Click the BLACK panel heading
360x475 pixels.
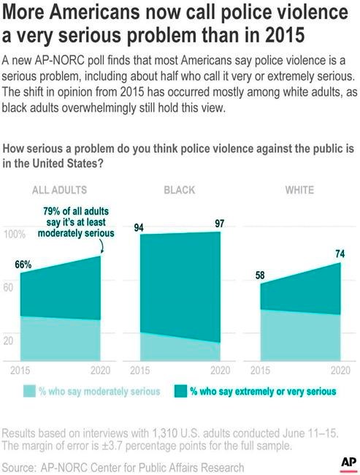point(180,190)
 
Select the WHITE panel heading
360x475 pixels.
point(299,190)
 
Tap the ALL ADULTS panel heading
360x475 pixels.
point(60,190)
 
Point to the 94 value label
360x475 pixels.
point(139,227)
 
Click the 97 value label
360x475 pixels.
point(220,224)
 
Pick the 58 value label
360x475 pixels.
point(260,275)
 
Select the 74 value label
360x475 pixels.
point(340,254)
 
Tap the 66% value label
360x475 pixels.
point(23,265)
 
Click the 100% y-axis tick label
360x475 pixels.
point(15,235)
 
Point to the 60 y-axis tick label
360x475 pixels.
point(9,287)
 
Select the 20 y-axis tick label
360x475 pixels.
point(9,341)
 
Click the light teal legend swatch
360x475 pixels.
point(29,391)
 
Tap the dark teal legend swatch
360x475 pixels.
point(180,391)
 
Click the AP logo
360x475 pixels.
point(348,463)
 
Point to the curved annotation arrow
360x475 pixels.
point(102,246)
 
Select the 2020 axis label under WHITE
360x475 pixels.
point(340,370)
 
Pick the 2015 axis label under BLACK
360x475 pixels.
point(140,370)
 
